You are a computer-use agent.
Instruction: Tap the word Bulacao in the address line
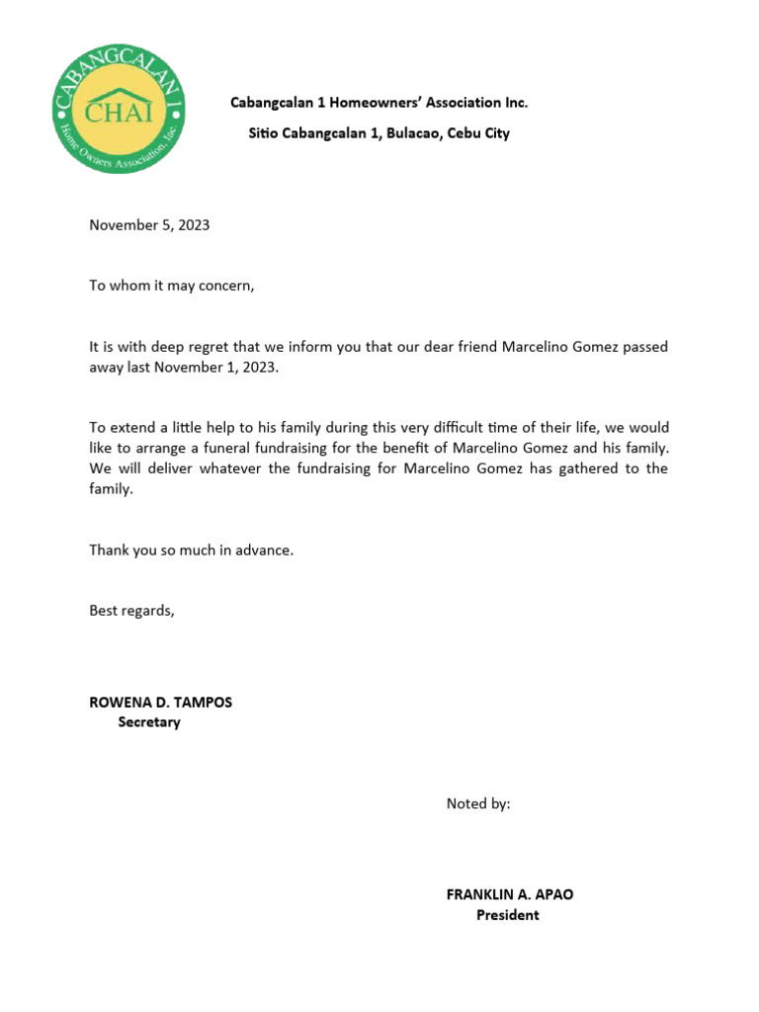[408, 133]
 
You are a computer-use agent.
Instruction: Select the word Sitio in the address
[263, 133]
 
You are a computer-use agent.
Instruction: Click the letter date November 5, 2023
[149, 225]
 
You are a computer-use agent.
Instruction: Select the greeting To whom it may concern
[172, 286]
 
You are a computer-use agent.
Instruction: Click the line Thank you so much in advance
[191, 549]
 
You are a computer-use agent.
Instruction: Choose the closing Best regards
[131, 611]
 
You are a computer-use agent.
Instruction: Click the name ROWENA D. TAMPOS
[161, 703]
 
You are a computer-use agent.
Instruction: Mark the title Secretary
[149, 722]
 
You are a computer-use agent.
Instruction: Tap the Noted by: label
[478, 803]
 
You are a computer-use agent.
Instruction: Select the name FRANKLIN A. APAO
[509, 894]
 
